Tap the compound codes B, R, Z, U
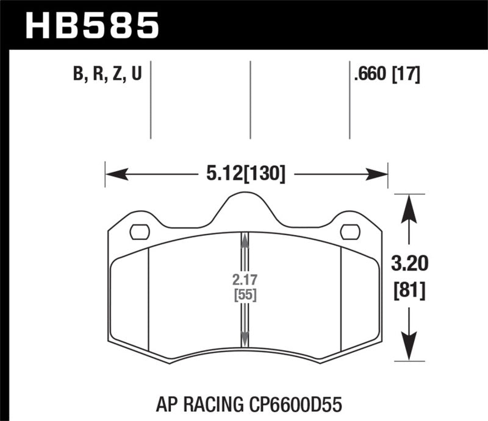click(x=107, y=76)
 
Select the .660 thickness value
click(x=370, y=76)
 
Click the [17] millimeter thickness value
click(x=406, y=76)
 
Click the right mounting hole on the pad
click(x=350, y=232)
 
